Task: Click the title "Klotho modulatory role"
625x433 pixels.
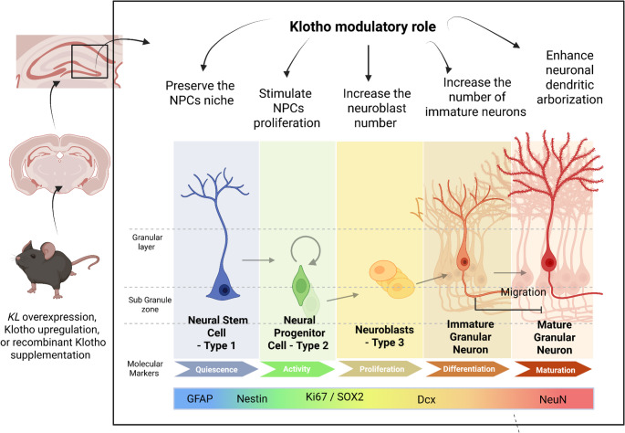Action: (363, 26)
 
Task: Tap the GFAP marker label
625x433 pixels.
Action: (200, 398)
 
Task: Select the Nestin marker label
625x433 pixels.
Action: (252, 398)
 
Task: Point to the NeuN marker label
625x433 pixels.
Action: (552, 399)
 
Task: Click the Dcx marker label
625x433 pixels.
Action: (426, 399)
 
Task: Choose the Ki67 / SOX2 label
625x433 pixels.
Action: (335, 397)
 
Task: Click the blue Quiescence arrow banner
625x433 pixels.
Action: (216, 369)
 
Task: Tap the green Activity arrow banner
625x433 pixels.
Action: (297, 369)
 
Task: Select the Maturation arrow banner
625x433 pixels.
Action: (553, 370)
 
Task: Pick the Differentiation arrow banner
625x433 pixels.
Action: (468, 369)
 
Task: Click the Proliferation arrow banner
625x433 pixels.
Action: (380, 369)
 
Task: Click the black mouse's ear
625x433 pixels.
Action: (48, 250)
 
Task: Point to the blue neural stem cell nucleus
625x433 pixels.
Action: (224, 290)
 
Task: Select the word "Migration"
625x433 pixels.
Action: (523, 292)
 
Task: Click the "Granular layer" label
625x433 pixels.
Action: (147, 242)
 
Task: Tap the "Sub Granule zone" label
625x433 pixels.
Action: (150, 304)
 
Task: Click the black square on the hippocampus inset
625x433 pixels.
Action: (89, 61)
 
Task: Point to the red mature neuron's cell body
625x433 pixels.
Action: (549, 263)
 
